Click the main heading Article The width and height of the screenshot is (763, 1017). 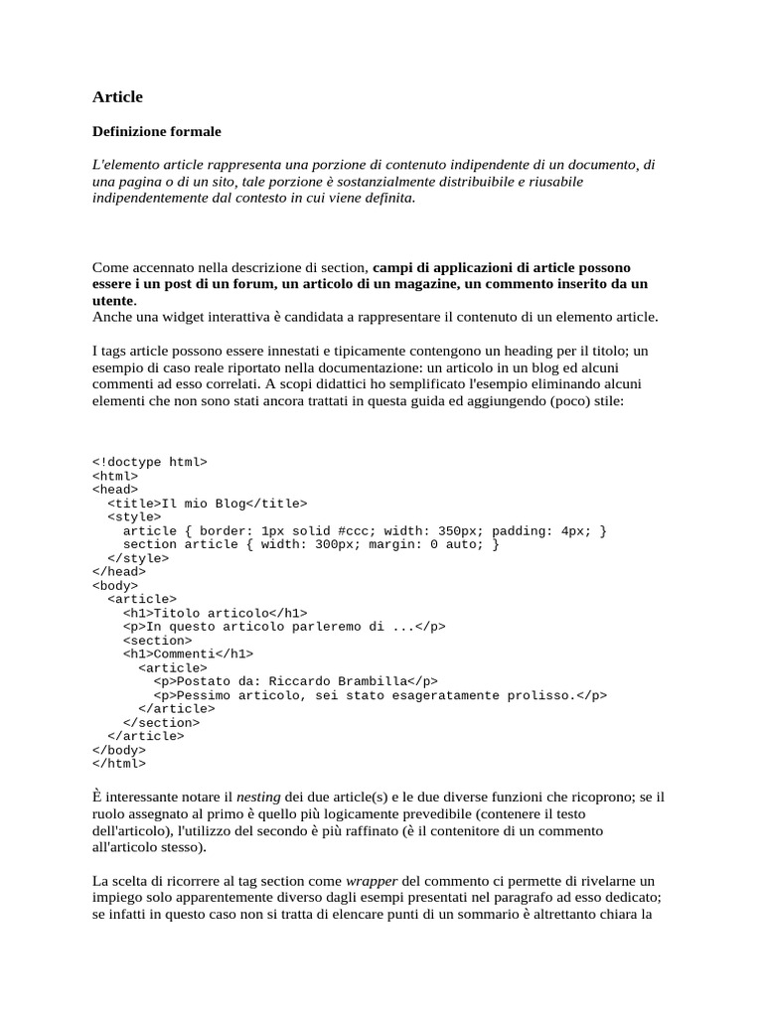(x=117, y=96)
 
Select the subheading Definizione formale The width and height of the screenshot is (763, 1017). (x=156, y=131)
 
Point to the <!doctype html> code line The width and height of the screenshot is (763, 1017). (x=149, y=462)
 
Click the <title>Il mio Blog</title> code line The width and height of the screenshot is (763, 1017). (x=207, y=504)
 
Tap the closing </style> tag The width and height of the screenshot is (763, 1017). (x=138, y=558)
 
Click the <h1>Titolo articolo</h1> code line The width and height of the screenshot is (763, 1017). (x=215, y=613)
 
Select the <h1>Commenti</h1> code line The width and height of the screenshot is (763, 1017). (x=188, y=654)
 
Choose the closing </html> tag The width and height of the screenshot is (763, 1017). (x=119, y=764)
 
